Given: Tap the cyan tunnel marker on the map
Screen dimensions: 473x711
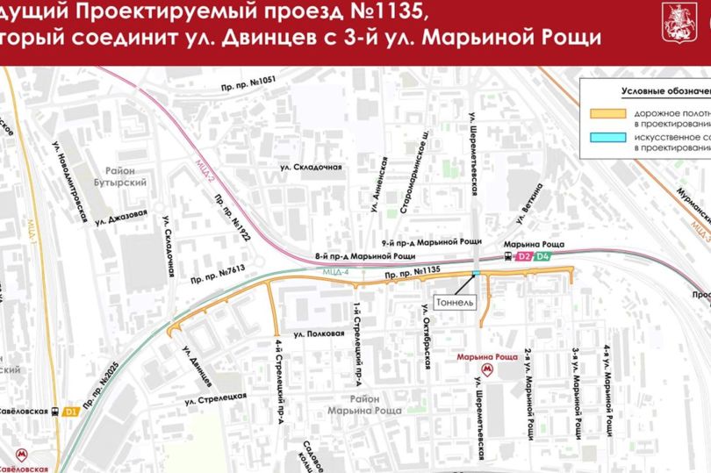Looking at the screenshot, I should point(475,274).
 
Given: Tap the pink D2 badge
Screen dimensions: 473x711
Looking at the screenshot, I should point(524,256).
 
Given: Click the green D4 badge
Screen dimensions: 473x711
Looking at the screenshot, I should point(544,256).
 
